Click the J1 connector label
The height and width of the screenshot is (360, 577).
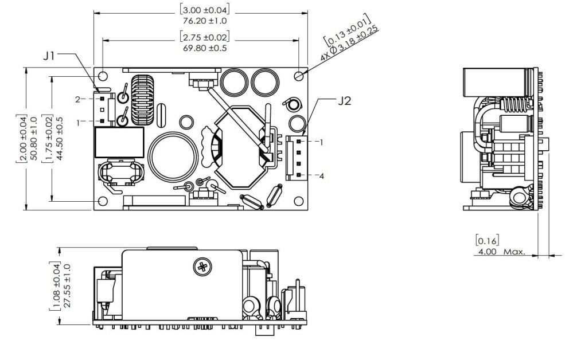click(50, 56)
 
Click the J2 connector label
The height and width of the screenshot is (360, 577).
click(344, 101)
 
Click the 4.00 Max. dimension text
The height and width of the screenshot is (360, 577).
click(499, 251)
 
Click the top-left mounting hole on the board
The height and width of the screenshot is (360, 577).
click(103, 76)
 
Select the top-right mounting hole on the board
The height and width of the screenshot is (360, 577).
click(299, 76)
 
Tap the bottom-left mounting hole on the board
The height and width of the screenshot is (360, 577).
click(103, 201)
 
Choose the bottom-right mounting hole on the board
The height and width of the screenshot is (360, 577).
click(299, 201)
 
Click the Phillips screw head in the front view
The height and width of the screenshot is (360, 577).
click(202, 266)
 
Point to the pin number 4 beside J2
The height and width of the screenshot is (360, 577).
click(322, 176)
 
